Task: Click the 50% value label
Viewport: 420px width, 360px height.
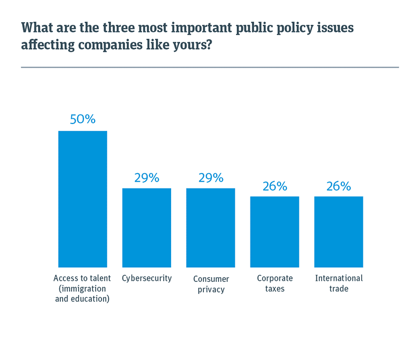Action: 82,119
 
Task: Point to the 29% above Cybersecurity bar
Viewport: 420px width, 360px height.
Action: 146,178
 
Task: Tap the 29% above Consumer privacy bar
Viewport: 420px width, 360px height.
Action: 210,178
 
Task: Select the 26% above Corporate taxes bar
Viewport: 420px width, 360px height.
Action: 275,186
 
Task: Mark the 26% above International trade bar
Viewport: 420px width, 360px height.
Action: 339,186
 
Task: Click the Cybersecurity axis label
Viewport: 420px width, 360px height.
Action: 146,278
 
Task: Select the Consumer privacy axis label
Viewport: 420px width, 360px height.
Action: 210,284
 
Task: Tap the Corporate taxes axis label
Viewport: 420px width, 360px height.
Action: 275,283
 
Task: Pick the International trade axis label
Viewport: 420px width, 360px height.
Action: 339,283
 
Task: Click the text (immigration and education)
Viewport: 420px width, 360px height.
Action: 82,295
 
